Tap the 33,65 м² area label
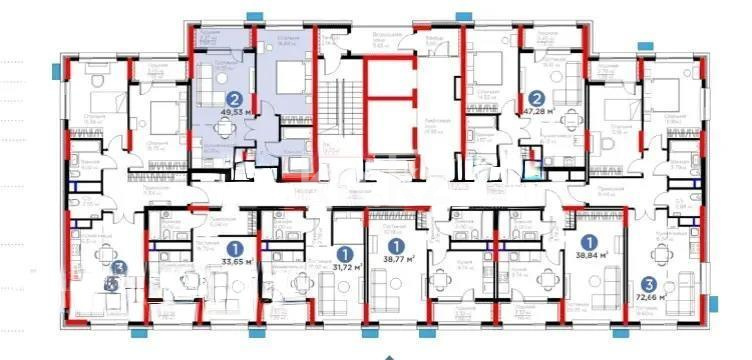point(236,264)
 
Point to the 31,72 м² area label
point(346,268)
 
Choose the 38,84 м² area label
point(590,256)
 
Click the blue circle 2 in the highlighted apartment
point(234,99)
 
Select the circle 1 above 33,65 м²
point(235,247)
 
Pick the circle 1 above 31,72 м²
point(345,252)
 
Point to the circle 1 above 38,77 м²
point(396,242)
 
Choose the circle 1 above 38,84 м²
point(590,240)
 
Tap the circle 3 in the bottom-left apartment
point(119,268)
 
